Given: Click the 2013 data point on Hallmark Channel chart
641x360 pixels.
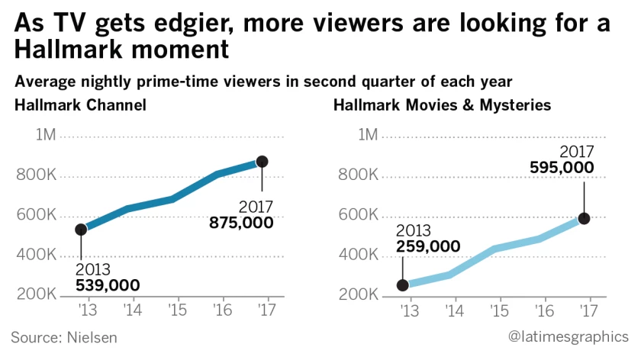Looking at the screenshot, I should [x=81, y=229].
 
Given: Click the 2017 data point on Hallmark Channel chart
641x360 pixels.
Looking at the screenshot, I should [x=262, y=162].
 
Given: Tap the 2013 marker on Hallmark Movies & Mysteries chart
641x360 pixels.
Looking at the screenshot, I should [x=403, y=285].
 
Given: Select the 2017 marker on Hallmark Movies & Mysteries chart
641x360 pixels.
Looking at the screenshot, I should [x=584, y=218].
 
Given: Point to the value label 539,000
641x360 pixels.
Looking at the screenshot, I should [x=108, y=285].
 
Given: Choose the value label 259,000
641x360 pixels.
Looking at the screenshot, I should [x=428, y=246].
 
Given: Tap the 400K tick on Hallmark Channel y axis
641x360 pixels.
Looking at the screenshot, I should [x=36, y=255].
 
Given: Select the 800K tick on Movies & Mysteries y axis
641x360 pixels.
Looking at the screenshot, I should [x=359, y=176].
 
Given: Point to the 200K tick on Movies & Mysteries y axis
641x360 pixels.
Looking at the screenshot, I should [x=359, y=295].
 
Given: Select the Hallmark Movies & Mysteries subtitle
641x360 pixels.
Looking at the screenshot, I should [x=442, y=104].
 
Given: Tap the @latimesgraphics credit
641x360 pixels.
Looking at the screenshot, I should [x=569, y=336].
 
